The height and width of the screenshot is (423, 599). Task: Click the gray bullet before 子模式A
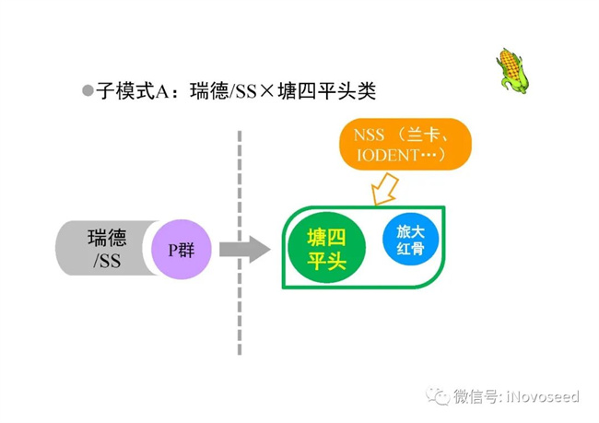pyautogui.click(x=88, y=90)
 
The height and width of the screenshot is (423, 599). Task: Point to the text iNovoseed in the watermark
pyautogui.click(x=543, y=396)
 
